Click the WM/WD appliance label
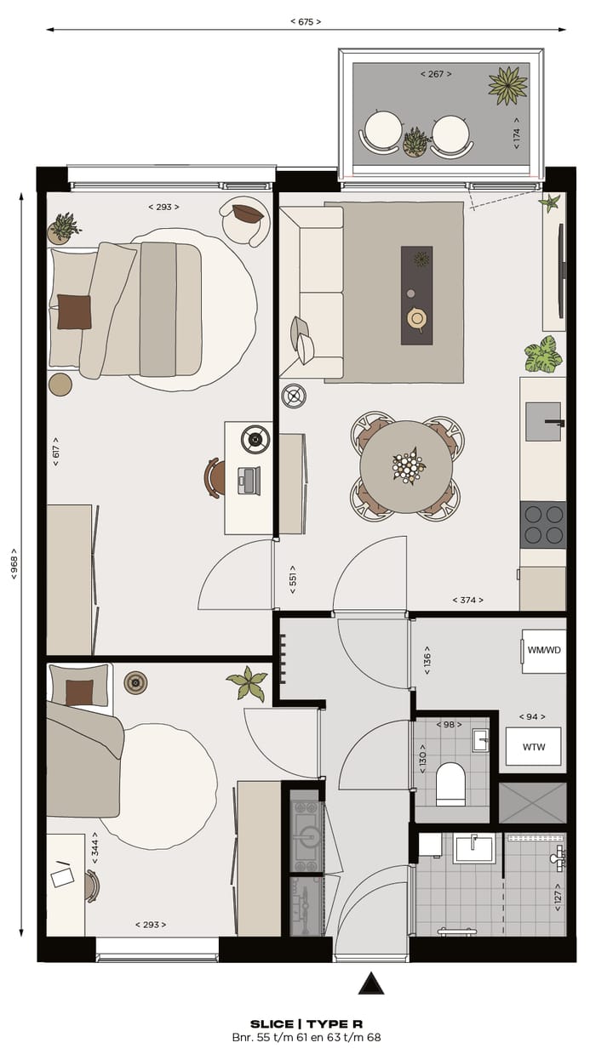point(545,650)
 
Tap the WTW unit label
point(534,747)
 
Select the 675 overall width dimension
point(306,22)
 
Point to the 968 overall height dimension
point(14,563)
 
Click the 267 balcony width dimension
point(436,74)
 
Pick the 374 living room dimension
point(467,600)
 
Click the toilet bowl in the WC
point(450,784)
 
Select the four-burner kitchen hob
point(543,524)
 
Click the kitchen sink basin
point(542,421)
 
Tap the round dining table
point(406,467)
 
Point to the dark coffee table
point(416,295)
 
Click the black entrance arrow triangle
point(370,984)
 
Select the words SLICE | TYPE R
point(306,1024)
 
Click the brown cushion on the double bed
point(74,311)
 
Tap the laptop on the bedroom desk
point(249,480)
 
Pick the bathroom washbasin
point(473,848)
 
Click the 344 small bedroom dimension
point(95,848)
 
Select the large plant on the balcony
point(507,85)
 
